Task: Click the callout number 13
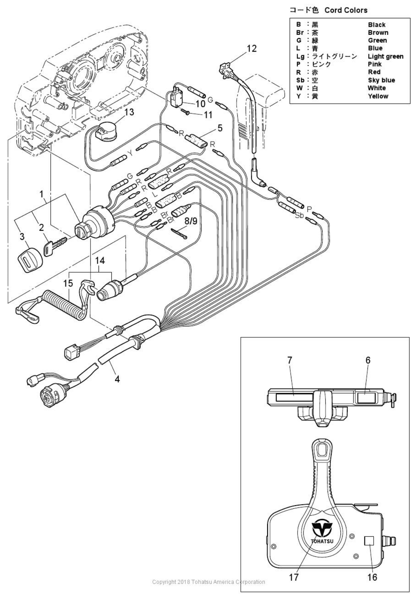pos(129,112)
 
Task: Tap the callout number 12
pos(251,49)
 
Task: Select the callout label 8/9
pos(190,221)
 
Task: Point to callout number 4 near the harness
pos(117,379)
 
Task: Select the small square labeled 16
pos(369,541)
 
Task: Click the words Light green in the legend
pos(385,56)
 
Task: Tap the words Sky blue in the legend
pos(381,80)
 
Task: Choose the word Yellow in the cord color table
pos(378,96)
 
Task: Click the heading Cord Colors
pos(346,10)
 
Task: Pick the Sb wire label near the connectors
pos(300,215)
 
